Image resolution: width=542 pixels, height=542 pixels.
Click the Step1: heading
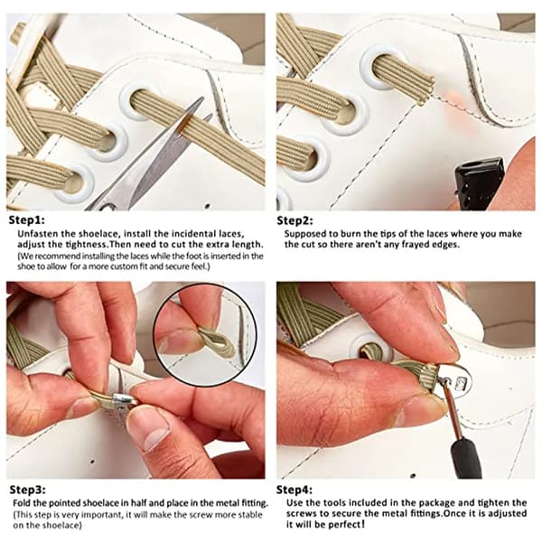coord(26,220)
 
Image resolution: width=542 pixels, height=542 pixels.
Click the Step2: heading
coord(294,220)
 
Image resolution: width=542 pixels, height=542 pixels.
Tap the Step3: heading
coord(28,490)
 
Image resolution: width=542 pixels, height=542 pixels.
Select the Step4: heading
coord(294,490)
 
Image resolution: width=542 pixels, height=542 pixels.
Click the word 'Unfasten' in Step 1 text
coord(38,234)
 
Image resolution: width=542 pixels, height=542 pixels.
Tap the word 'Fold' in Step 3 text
coord(22,503)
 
